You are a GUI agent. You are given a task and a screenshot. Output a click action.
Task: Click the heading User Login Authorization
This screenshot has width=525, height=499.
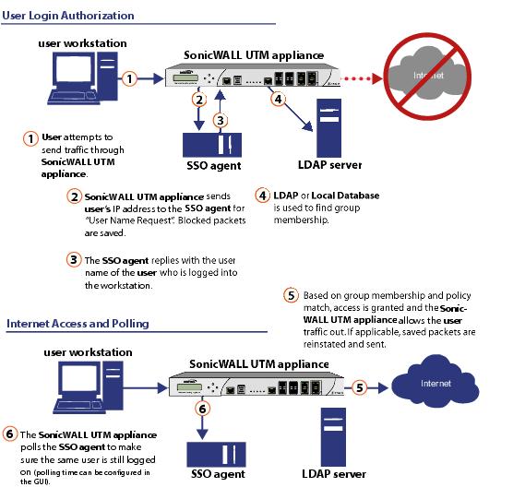point(68,16)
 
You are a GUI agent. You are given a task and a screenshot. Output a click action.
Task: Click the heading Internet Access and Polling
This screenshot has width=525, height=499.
point(78,324)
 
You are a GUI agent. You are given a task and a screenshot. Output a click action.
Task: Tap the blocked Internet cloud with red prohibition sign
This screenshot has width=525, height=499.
point(427,77)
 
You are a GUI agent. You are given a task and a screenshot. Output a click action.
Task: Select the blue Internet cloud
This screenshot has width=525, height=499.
point(436,382)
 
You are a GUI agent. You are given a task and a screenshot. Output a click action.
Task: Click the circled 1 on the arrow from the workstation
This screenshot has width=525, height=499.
point(129,78)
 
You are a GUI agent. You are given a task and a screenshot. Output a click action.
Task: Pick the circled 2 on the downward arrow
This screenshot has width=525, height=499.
point(199,100)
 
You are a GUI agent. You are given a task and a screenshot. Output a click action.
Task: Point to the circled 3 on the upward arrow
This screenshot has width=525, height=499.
point(221,120)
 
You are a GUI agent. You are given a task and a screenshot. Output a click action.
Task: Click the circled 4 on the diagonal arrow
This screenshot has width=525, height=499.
point(278,99)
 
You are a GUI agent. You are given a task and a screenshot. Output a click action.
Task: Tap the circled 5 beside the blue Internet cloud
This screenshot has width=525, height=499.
point(360,387)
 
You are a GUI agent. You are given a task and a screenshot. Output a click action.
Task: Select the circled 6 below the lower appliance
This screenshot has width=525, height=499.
point(203,409)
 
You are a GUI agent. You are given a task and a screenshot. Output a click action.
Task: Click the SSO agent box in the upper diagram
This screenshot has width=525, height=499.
point(212,145)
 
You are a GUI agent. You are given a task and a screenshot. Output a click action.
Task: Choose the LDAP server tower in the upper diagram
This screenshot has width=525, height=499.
point(329,128)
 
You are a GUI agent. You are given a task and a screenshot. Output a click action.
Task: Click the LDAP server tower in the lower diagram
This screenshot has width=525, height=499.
point(333,437)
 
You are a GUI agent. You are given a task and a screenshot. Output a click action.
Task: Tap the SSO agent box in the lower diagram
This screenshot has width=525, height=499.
point(216,455)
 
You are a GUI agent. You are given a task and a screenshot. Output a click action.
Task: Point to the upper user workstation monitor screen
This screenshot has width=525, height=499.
point(74,69)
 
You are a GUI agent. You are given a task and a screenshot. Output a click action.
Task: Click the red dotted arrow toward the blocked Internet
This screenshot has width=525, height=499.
point(362,78)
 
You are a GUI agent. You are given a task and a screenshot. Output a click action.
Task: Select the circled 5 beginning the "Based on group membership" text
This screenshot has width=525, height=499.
point(291,295)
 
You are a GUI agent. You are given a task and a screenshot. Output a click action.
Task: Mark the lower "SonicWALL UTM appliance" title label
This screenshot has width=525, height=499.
point(259,364)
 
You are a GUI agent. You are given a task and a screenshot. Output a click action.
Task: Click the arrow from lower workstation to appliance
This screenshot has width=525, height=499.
point(146,388)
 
